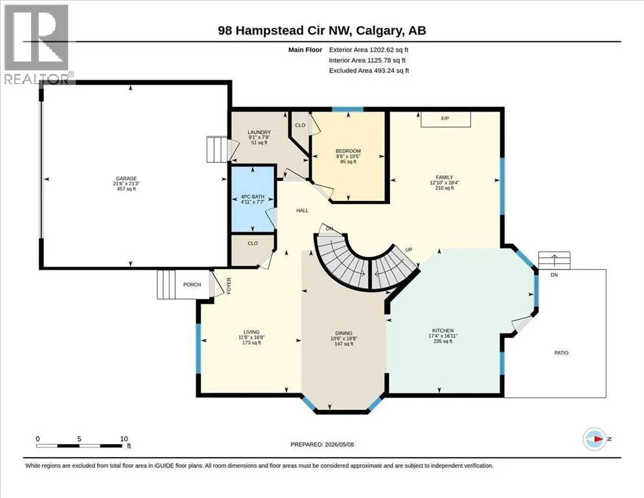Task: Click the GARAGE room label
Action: coord(126,178)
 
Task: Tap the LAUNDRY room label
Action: coord(259,132)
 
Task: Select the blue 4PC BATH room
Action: coord(253,199)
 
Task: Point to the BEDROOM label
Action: coord(349,151)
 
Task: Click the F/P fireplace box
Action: coord(446,119)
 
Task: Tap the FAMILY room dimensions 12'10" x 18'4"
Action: coord(444,183)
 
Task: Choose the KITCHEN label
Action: coord(443,331)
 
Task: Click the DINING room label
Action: coord(344,333)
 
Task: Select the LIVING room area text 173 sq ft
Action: coord(252,342)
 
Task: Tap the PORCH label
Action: coord(192,285)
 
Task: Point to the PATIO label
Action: coord(562,353)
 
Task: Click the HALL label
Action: coord(303,211)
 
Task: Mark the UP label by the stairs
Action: coord(409,250)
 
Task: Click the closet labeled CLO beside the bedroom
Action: coord(300,125)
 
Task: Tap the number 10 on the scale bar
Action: coord(124,439)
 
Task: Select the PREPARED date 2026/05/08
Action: coord(339,445)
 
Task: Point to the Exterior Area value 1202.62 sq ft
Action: coord(389,50)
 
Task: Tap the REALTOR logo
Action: coord(38,43)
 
